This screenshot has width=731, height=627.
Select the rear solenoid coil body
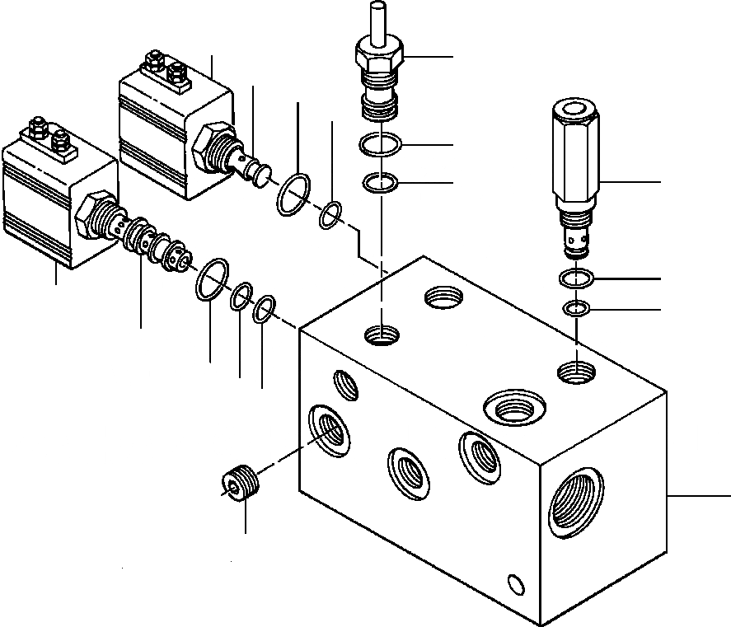click(165, 132)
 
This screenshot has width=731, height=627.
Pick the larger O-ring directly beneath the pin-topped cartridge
click(380, 147)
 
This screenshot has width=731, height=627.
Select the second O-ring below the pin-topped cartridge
click(380, 181)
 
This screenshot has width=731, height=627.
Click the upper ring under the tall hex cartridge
click(574, 279)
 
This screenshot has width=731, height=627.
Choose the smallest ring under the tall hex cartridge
click(576, 309)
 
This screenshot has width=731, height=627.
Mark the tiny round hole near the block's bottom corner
click(516, 584)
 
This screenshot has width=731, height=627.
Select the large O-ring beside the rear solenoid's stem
click(293, 196)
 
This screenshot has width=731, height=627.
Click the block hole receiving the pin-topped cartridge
click(382, 335)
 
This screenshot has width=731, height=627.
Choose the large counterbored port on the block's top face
click(515, 405)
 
